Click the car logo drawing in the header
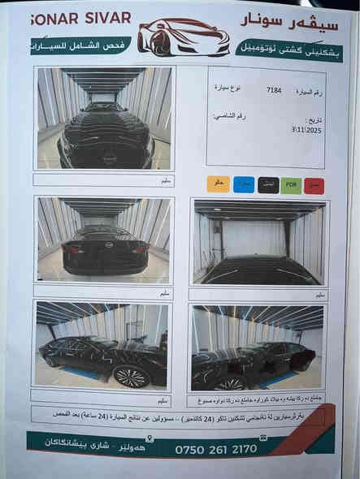click(x=183, y=36)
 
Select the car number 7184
click(x=274, y=91)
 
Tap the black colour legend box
click(x=267, y=185)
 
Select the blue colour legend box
click(x=244, y=184)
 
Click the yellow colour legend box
click(x=218, y=183)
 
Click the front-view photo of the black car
click(x=105, y=119)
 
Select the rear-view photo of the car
click(x=105, y=239)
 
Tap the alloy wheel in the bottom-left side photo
click(x=132, y=376)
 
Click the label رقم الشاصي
click(x=229, y=116)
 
